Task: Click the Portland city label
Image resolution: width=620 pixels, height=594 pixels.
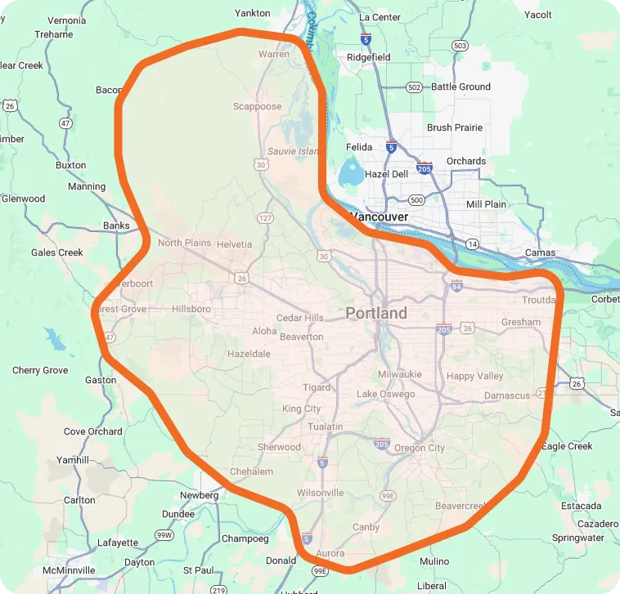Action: [x=375, y=313]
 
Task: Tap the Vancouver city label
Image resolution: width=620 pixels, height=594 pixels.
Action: [x=378, y=217]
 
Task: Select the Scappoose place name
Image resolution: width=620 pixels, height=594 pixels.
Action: [x=257, y=106]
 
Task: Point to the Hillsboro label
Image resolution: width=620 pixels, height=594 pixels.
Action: [x=191, y=309]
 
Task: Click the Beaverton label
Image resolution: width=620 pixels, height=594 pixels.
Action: [x=301, y=337]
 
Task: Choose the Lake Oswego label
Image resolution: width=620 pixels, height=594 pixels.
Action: [x=385, y=394]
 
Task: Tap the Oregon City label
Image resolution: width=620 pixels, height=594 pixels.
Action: [x=419, y=448]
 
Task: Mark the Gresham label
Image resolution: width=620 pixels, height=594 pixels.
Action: [x=521, y=322]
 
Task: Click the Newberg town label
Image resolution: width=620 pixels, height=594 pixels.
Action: [x=200, y=495]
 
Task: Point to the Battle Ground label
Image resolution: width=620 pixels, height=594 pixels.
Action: [x=461, y=87]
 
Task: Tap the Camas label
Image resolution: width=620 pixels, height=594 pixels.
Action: [x=540, y=252]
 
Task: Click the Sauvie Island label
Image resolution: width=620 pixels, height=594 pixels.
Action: [x=292, y=151]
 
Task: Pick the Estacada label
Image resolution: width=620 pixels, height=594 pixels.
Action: [x=581, y=506]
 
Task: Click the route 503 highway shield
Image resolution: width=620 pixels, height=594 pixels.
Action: [x=460, y=46]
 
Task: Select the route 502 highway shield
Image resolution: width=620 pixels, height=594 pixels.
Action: [x=414, y=87]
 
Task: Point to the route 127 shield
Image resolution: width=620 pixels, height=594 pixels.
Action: [x=265, y=218]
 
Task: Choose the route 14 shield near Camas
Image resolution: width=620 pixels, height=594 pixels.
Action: [x=473, y=243]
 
